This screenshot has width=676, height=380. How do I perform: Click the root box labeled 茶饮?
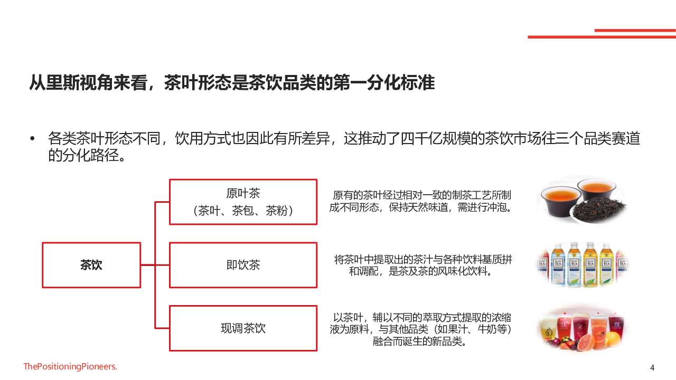click(x=91, y=265)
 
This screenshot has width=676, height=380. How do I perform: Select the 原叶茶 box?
click(x=243, y=202)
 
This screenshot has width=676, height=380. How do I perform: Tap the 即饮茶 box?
click(x=243, y=265)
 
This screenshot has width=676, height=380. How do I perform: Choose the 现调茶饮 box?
click(x=243, y=328)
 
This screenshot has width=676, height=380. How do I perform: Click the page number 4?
click(x=652, y=368)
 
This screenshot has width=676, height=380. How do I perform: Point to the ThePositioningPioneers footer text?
click(x=70, y=366)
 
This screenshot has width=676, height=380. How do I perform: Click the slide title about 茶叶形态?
click(x=232, y=82)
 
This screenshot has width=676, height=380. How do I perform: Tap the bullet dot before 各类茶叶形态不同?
click(x=32, y=139)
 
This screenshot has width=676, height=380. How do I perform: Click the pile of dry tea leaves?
click(x=599, y=208)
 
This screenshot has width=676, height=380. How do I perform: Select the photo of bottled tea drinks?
click(x=583, y=264)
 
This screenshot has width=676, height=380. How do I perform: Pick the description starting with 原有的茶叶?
click(x=420, y=201)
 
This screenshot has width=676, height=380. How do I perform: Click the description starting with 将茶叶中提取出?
click(x=422, y=265)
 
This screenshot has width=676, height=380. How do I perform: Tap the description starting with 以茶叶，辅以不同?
click(x=420, y=329)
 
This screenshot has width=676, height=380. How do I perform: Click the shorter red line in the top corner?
click(x=635, y=31)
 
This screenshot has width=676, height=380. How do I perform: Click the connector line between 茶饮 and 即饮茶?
click(x=155, y=265)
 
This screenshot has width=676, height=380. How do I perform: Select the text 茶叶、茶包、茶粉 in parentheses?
click(x=243, y=211)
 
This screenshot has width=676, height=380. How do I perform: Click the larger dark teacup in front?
click(x=561, y=202)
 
